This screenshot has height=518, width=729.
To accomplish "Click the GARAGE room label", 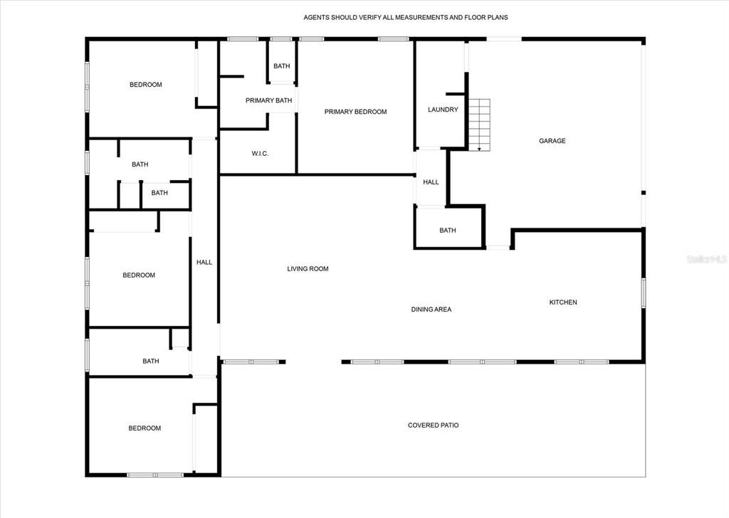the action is click(552, 141).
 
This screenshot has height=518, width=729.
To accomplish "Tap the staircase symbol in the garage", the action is click(479, 125).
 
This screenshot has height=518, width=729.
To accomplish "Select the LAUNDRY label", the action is click(443, 110).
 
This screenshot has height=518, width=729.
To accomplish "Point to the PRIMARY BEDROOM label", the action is click(356, 112).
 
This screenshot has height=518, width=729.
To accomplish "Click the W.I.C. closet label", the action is click(260, 154).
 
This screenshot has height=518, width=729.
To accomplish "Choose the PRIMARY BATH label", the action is click(268, 100).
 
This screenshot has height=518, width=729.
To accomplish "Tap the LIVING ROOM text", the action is click(308, 268).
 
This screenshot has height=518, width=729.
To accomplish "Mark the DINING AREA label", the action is click(431, 310).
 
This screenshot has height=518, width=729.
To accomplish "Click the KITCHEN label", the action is click(563, 302).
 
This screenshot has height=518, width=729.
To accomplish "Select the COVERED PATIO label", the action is click(434, 425).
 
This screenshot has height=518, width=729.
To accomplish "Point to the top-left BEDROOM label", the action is click(145, 85).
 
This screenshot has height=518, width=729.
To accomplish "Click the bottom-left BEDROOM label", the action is click(145, 428).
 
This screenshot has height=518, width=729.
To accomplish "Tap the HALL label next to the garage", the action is click(431, 182).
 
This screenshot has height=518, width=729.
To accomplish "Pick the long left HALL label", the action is click(204, 263).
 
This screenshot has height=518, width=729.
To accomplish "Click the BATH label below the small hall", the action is click(448, 231).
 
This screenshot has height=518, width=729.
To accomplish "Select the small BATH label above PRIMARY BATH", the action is click(282, 66).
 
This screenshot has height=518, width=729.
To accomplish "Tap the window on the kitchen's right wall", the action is click(644, 292).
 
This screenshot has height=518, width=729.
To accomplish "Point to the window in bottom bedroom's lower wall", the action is click(155, 475).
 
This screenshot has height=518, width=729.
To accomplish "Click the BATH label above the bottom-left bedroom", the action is click(151, 361).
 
